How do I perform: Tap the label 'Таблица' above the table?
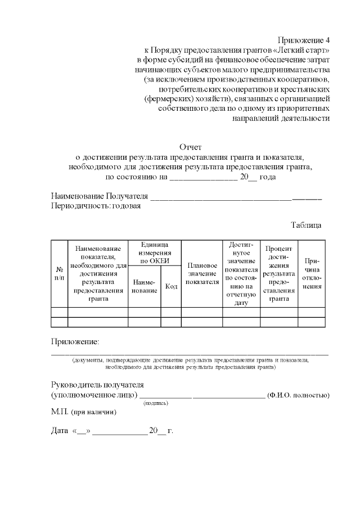point(306,225)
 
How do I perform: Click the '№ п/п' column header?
point(59,274)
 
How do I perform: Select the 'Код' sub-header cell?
point(171,286)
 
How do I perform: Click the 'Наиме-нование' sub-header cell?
point(145,286)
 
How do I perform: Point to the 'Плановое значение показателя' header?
point(202,274)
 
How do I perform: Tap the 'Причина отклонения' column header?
point(312,274)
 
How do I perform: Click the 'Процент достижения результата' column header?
point(279,274)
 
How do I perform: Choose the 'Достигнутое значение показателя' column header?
point(241,274)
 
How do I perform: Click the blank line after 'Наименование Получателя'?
point(236,197)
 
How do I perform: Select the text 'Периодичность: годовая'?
point(96,206)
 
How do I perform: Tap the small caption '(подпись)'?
point(156,403)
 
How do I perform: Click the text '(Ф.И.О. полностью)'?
point(298,395)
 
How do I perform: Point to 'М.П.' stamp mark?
point(59,412)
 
